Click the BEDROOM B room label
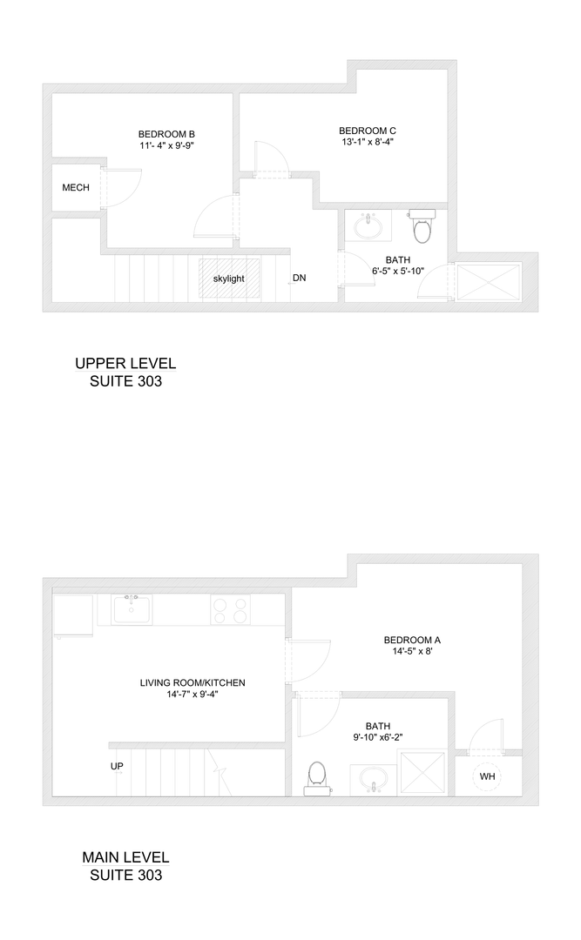[166, 134]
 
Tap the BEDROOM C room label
[367, 131]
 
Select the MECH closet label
[76, 187]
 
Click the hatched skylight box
[229, 279]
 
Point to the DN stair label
[299, 279]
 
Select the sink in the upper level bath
[368, 226]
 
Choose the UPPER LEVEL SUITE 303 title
[125, 372]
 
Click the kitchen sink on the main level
[131, 608]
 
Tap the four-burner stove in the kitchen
[231, 609]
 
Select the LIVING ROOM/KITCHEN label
[193, 682]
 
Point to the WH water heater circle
[487, 775]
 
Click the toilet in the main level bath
[316, 776]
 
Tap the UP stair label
[117, 767]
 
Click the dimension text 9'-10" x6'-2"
[378, 736]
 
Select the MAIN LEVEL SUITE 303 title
[125, 866]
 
